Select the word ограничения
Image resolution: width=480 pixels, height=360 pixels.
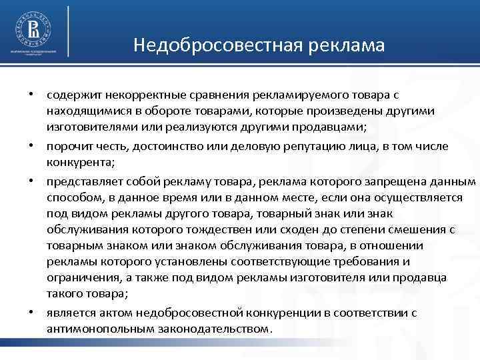pos(81,277)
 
